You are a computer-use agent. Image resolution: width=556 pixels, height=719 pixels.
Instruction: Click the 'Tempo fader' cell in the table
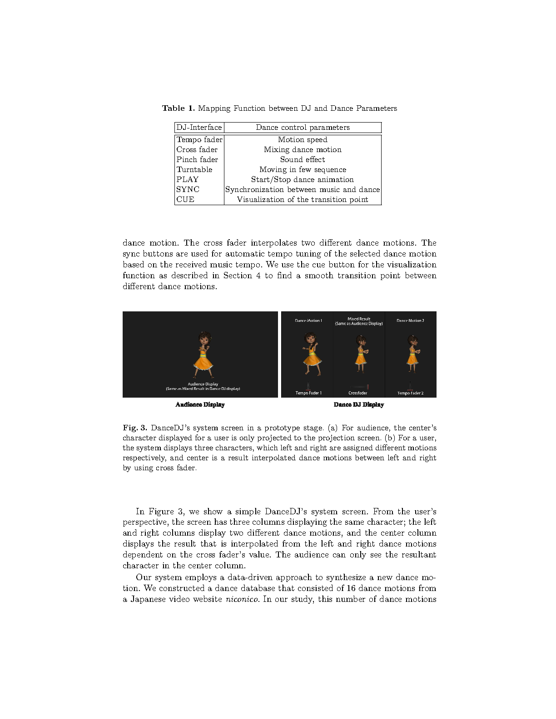click(x=199, y=140)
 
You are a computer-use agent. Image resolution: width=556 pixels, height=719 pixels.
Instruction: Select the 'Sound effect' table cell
click(x=303, y=160)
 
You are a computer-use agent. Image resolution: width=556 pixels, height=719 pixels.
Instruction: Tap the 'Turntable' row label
click(x=194, y=170)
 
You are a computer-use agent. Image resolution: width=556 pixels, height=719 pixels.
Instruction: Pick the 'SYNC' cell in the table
click(x=188, y=190)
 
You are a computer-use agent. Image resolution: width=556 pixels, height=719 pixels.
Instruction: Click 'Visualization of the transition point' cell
click(x=303, y=200)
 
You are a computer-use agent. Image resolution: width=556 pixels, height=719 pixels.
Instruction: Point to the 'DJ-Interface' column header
click(x=199, y=128)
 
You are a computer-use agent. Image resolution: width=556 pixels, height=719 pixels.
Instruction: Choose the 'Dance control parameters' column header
click(x=303, y=128)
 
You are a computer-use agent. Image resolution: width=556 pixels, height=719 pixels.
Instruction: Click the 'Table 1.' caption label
click(x=179, y=108)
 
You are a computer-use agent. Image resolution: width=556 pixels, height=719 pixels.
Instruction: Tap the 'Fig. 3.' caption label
click(x=135, y=428)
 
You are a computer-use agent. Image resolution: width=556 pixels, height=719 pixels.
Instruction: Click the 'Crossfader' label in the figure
click(x=358, y=393)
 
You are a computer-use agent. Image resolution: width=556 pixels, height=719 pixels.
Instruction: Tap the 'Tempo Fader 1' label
click(x=308, y=393)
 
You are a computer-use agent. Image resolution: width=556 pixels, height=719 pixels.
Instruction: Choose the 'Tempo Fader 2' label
click(x=410, y=393)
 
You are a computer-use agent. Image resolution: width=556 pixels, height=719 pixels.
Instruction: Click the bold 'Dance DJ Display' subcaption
click(x=359, y=405)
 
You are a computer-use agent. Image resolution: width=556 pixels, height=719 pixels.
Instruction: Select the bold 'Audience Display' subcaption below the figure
click(x=200, y=405)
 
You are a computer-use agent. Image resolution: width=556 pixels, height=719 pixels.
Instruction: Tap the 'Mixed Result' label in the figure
click(x=359, y=319)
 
